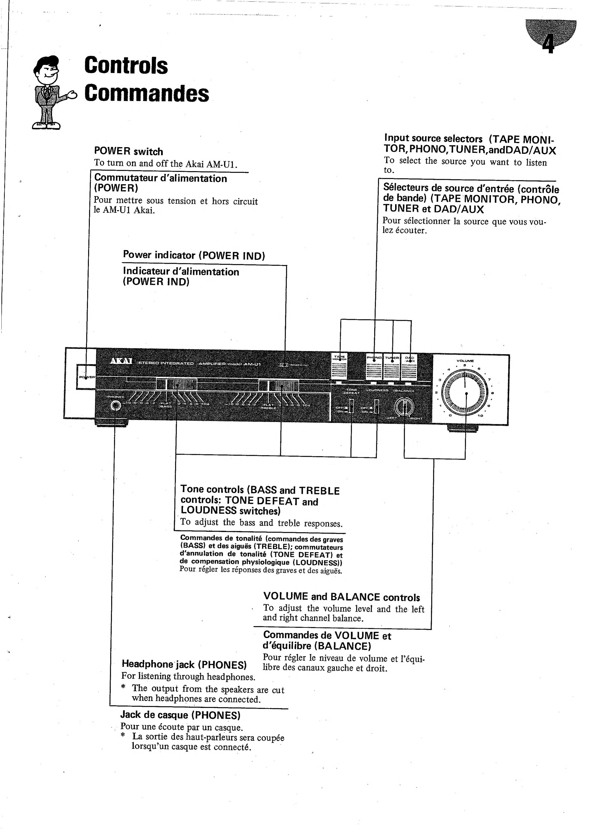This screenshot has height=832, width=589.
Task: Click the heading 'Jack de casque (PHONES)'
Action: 180,715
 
